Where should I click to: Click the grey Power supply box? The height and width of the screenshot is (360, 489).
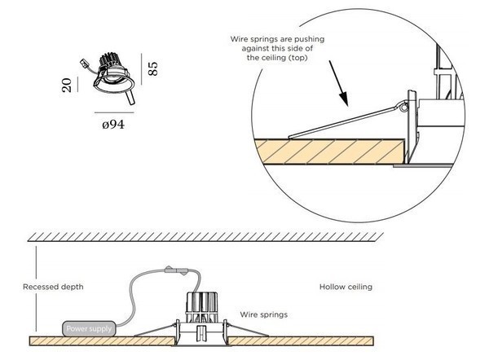tap(90, 328)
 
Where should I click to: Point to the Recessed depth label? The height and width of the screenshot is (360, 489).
tap(53, 287)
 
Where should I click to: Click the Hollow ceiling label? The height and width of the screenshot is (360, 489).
tap(345, 287)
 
